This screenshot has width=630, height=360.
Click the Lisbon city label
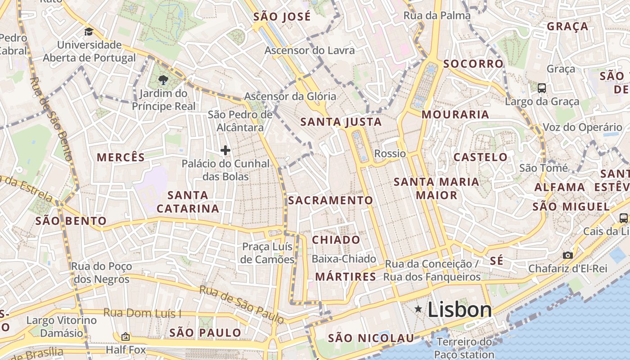click(459, 310)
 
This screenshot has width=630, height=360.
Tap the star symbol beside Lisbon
click(418, 309)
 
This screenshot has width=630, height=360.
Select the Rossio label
click(390, 153)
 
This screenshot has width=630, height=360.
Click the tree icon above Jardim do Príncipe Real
click(163, 81)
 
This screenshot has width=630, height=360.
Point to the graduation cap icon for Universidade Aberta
click(89, 32)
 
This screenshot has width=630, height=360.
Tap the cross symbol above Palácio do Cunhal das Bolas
click(225, 150)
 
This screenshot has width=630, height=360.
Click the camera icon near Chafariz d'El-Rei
click(568, 255)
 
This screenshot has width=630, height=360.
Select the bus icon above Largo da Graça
click(542, 88)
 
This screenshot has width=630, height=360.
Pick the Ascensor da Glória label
click(290, 96)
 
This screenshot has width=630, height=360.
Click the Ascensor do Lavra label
click(310, 50)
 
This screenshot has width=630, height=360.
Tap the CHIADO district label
click(336, 240)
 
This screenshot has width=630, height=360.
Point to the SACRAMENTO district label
click(330, 200)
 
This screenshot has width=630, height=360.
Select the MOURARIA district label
click(455, 115)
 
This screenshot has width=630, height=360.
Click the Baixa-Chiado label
click(344, 259)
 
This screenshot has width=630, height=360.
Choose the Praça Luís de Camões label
click(267, 253)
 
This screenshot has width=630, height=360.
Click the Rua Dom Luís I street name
click(143, 313)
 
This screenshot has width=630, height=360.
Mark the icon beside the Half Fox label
click(126, 336)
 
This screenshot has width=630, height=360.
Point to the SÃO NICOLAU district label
click(371, 338)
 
